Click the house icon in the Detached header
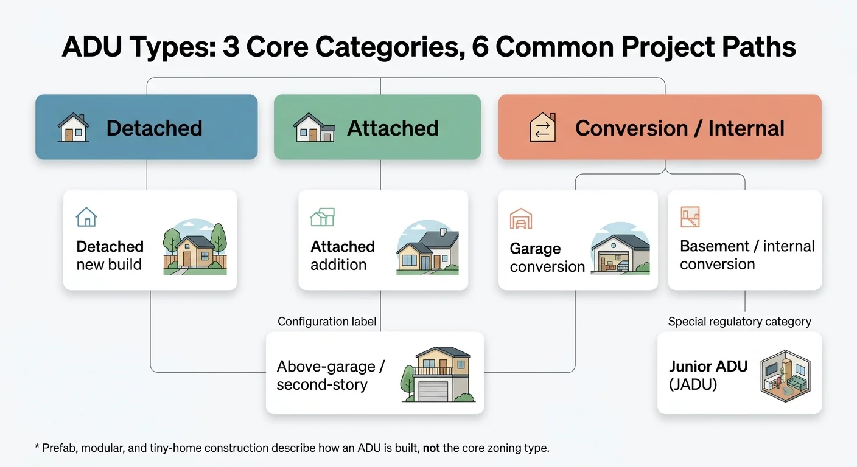(73, 128)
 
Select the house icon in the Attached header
(314, 128)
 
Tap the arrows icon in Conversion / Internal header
(542, 128)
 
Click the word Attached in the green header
(393, 128)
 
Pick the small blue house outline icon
(86, 217)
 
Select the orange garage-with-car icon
(521, 218)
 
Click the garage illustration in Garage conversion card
(620, 251)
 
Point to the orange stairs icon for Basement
(690, 216)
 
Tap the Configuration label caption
(327, 322)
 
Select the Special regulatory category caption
(740, 322)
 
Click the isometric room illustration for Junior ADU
(785, 375)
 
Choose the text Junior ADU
(708, 367)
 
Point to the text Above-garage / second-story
(331, 376)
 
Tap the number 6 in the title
(480, 47)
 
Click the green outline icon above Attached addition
(322, 217)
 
